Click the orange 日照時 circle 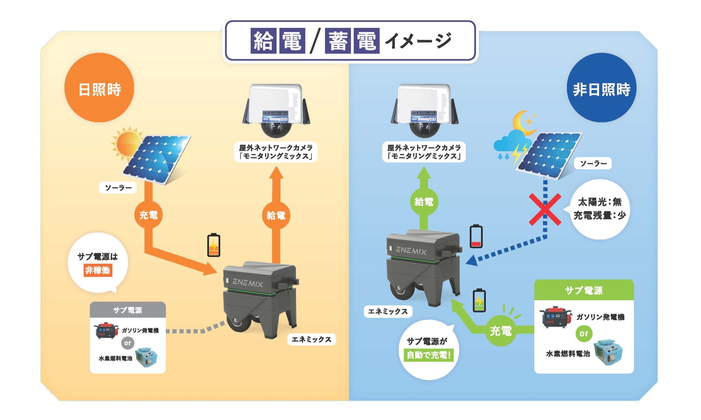[x=99, y=88]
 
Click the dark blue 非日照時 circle [x=601, y=88]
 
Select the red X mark [x=545, y=209]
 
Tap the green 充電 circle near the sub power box [x=500, y=331]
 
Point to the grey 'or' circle [x=127, y=343]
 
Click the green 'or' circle [x=584, y=333]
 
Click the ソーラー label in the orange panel [x=118, y=188]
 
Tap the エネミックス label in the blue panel [x=387, y=312]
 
